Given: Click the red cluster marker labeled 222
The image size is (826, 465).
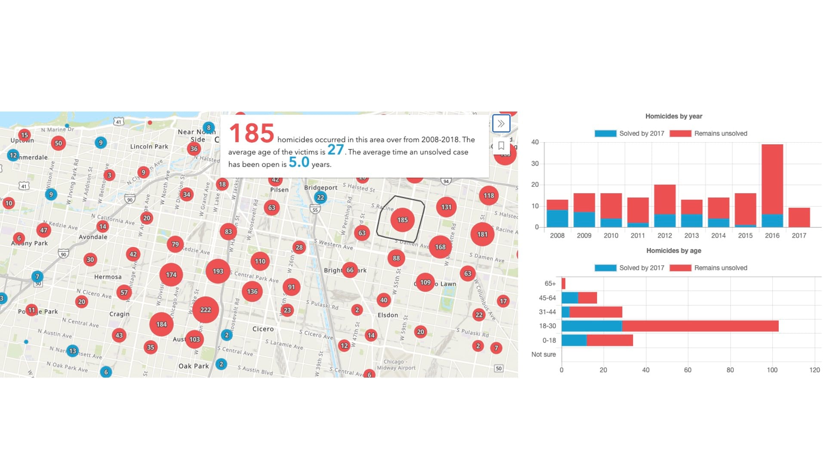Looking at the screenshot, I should click(206, 310).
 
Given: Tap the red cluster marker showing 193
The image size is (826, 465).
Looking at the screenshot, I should click(218, 271).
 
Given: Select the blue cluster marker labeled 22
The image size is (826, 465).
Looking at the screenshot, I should click(320, 198).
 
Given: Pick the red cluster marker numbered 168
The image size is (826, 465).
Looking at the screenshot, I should click(440, 247).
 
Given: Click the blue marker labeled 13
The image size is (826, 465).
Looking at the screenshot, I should click(73, 351).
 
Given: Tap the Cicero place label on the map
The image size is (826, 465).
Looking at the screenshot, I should click(263, 329).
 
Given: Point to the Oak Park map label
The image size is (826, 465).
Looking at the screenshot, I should click(194, 366).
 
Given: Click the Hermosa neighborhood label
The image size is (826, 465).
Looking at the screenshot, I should click(108, 277).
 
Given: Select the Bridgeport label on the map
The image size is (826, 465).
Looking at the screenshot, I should click(321, 188).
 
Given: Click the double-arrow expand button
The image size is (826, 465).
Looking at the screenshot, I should click(501, 124).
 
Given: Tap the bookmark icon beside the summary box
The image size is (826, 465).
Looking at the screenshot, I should click(501, 146).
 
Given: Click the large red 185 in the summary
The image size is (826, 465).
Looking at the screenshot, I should click(251, 133).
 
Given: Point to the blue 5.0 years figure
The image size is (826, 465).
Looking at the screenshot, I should click(299, 162).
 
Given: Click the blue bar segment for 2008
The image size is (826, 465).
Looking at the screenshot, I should click(557, 218).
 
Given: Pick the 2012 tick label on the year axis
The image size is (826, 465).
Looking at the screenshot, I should click(665, 236).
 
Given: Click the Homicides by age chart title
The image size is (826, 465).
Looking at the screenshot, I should click(674, 251).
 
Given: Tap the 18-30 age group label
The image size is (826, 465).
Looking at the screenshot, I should click(547, 326).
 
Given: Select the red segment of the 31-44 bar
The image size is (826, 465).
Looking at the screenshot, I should click(595, 312).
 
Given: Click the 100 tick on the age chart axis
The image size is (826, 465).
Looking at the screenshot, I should click(772, 370).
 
